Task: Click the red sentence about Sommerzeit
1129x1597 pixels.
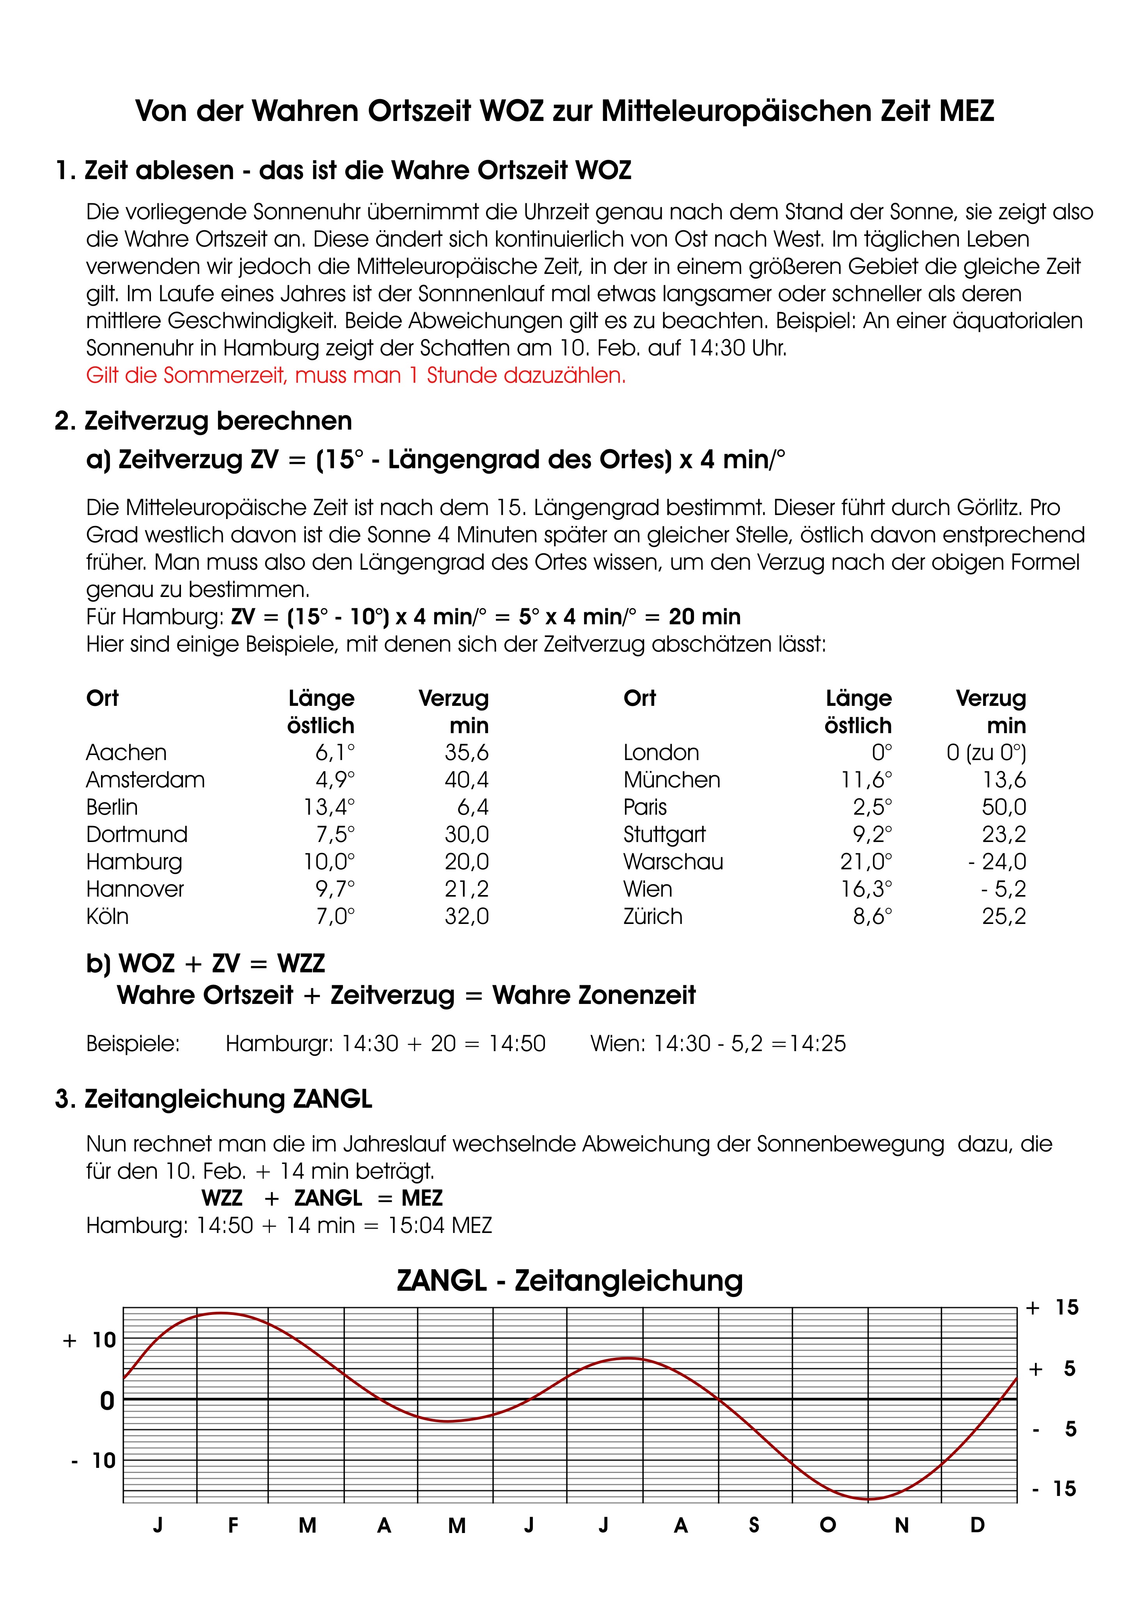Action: pyautogui.click(x=355, y=376)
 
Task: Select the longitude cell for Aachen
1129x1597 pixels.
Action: pyautogui.click(x=335, y=753)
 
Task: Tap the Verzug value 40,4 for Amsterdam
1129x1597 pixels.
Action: pyautogui.click(x=466, y=780)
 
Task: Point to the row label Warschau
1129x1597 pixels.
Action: pyautogui.click(x=673, y=862)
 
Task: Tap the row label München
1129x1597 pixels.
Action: pyautogui.click(x=671, y=780)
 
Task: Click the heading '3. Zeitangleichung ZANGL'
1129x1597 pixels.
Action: pyautogui.click(x=213, y=1099)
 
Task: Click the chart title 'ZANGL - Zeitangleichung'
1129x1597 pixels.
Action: pyautogui.click(x=570, y=1281)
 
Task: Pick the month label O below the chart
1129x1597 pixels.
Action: pyautogui.click(x=828, y=1525)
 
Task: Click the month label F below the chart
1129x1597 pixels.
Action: pyautogui.click(x=233, y=1525)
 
